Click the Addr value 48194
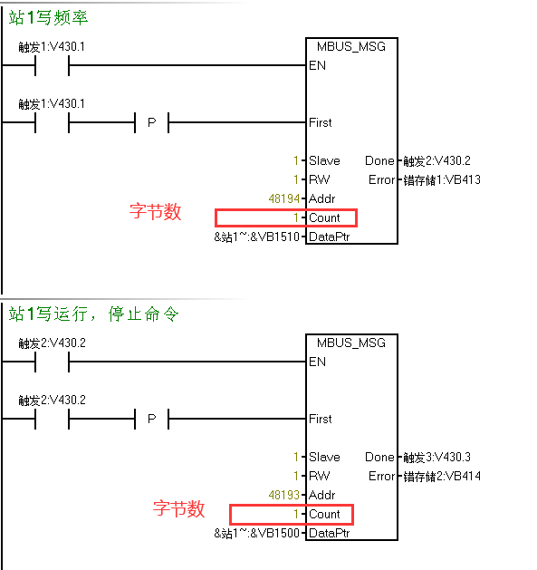(284, 198)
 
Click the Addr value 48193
(284, 495)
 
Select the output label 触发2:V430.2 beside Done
(436, 160)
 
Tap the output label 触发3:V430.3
(436, 457)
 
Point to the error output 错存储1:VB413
(442, 180)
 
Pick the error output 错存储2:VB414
(442, 477)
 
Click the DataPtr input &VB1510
(257, 237)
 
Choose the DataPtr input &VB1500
(257, 533)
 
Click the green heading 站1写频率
(48, 17)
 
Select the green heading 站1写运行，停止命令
(93, 314)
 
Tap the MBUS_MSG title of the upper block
(351, 46)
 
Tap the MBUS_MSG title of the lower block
(351, 343)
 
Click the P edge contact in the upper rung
(152, 122)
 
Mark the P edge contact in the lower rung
(152, 419)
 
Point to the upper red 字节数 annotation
(155, 211)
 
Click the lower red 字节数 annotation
(178, 508)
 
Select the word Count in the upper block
(324, 218)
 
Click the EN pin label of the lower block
(317, 362)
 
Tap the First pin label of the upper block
(320, 123)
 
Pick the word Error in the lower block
(381, 477)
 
